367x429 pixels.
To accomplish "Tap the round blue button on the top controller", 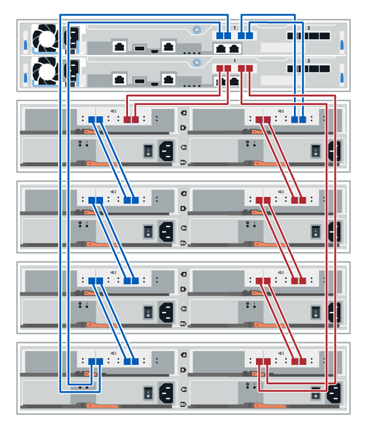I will point(196,28).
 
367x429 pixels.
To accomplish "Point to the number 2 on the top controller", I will point(309,28).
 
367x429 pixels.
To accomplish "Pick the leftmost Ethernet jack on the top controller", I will point(120,47).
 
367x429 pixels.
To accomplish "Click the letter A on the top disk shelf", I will point(183,113).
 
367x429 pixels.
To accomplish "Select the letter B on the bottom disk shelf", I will point(183,370).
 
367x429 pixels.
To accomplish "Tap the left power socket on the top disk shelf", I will point(168,150).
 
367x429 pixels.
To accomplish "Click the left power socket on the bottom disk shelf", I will point(168,391).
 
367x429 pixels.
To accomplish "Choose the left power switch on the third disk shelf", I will point(148,311).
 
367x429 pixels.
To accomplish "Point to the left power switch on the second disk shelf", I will point(148,231).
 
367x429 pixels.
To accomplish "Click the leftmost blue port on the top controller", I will point(220,35).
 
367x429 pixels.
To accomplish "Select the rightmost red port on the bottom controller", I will point(250,68).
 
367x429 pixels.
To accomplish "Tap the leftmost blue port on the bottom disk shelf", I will point(92,361).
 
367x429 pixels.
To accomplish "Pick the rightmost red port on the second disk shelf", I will point(303,200).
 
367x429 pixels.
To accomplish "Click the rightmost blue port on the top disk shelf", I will point(303,120).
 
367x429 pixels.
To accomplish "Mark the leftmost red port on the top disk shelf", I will point(127,120).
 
